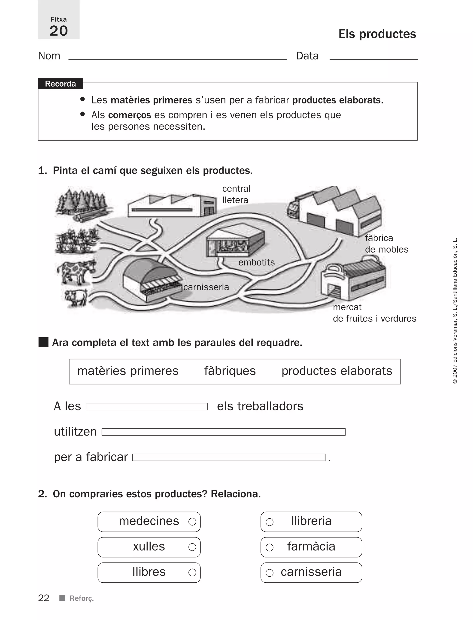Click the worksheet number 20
59,31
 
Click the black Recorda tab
60,84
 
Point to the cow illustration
76,271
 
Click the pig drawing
76,297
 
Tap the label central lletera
236,194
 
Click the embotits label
256,262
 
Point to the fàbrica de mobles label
386,244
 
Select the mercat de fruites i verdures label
374,313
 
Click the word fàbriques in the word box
230,371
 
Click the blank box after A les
147,407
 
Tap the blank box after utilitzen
223,432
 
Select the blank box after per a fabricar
229,457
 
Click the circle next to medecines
192,522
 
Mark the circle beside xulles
192,547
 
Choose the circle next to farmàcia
270,547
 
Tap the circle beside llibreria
270,522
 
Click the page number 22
44,598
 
